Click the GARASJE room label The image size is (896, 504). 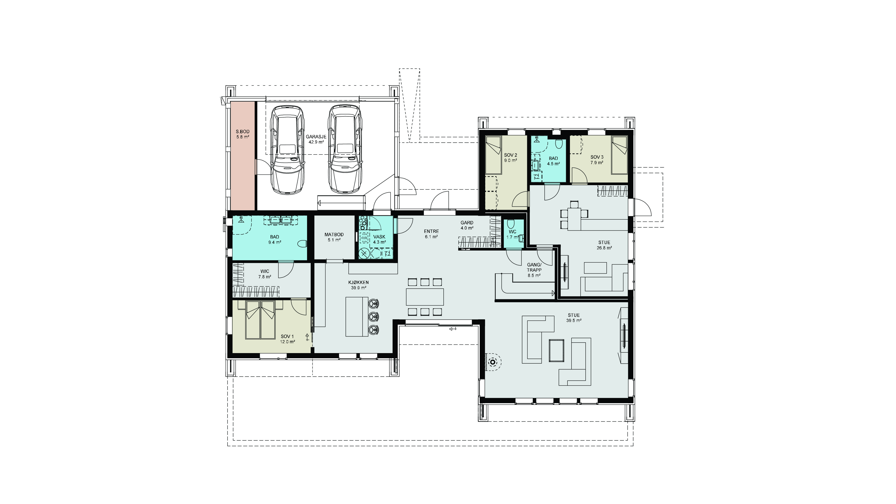coord(316,137)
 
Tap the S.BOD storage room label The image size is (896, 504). coord(243,131)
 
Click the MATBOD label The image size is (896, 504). coord(334,234)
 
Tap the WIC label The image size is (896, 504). coord(265,271)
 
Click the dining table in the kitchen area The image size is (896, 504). coord(425,297)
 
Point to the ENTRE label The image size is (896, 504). coord(431,231)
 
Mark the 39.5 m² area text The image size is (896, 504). coord(574,321)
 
